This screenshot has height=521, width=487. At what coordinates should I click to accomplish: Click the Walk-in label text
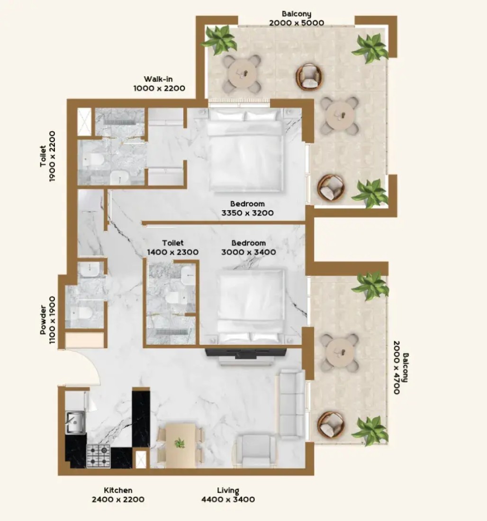coord(158,79)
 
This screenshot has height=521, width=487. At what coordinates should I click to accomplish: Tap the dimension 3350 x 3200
coord(248,213)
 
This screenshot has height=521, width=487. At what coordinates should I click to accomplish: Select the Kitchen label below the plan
coord(118,490)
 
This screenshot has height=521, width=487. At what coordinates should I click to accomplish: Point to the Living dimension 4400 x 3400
coord(228,499)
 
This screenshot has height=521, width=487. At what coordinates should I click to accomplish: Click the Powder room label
coord(43,320)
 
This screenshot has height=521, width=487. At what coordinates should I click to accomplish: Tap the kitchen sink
coord(75,422)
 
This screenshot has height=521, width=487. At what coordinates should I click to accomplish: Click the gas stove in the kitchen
coord(99,456)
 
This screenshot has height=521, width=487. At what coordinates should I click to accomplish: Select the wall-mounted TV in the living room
coord(246,353)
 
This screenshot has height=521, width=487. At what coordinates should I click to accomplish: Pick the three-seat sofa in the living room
coord(291,404)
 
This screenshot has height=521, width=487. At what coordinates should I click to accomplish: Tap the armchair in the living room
coord(256,451)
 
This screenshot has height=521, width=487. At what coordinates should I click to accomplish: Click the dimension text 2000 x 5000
coord(297,23)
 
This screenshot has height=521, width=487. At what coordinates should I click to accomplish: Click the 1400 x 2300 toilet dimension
coord(173,252)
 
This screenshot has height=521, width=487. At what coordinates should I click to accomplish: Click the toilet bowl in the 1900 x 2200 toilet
coord(93,160)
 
